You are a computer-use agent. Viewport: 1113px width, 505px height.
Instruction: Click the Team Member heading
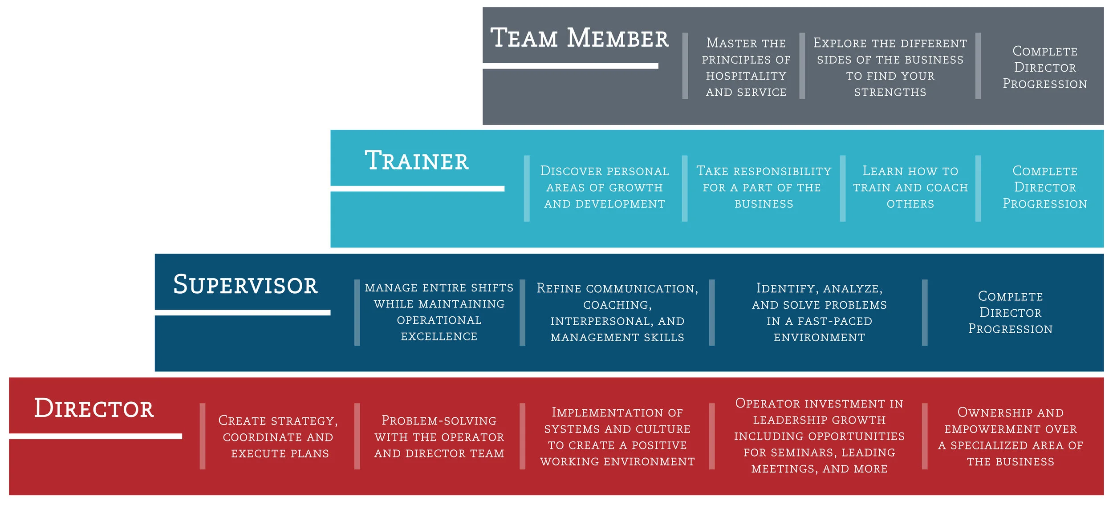point(579,38)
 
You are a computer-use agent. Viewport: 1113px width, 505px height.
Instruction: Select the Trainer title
point(417,161)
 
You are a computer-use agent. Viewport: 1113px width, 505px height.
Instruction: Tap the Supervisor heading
point(245,285)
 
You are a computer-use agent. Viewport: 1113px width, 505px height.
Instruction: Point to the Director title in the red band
point(94,408)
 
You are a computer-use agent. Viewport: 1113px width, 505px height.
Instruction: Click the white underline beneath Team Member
point(570,66)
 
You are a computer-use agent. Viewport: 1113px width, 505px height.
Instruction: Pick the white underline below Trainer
point(417,189)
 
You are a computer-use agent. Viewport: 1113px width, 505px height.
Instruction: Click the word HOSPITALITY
point(746,76)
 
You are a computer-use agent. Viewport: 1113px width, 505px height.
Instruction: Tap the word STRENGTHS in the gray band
point(890,93)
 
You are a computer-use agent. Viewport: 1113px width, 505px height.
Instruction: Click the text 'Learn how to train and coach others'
point(910,187)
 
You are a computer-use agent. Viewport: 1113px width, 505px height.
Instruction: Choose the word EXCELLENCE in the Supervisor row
point(439,336)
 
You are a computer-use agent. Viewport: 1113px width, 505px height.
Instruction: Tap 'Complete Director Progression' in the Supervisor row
point(1010,313)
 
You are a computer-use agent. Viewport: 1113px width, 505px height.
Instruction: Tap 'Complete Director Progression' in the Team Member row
point(1044,68)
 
